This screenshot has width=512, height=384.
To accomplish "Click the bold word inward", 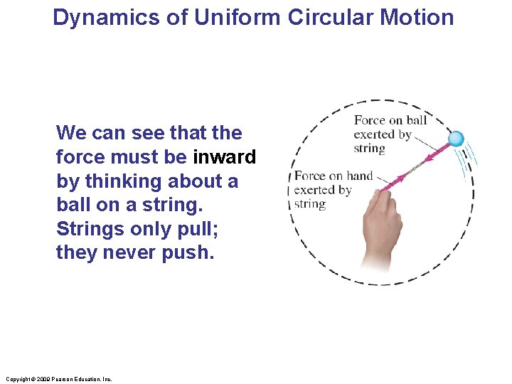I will click(224, 156).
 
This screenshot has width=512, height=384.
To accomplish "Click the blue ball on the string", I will click(456, 139).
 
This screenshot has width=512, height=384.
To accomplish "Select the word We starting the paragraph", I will click(70, 132).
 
